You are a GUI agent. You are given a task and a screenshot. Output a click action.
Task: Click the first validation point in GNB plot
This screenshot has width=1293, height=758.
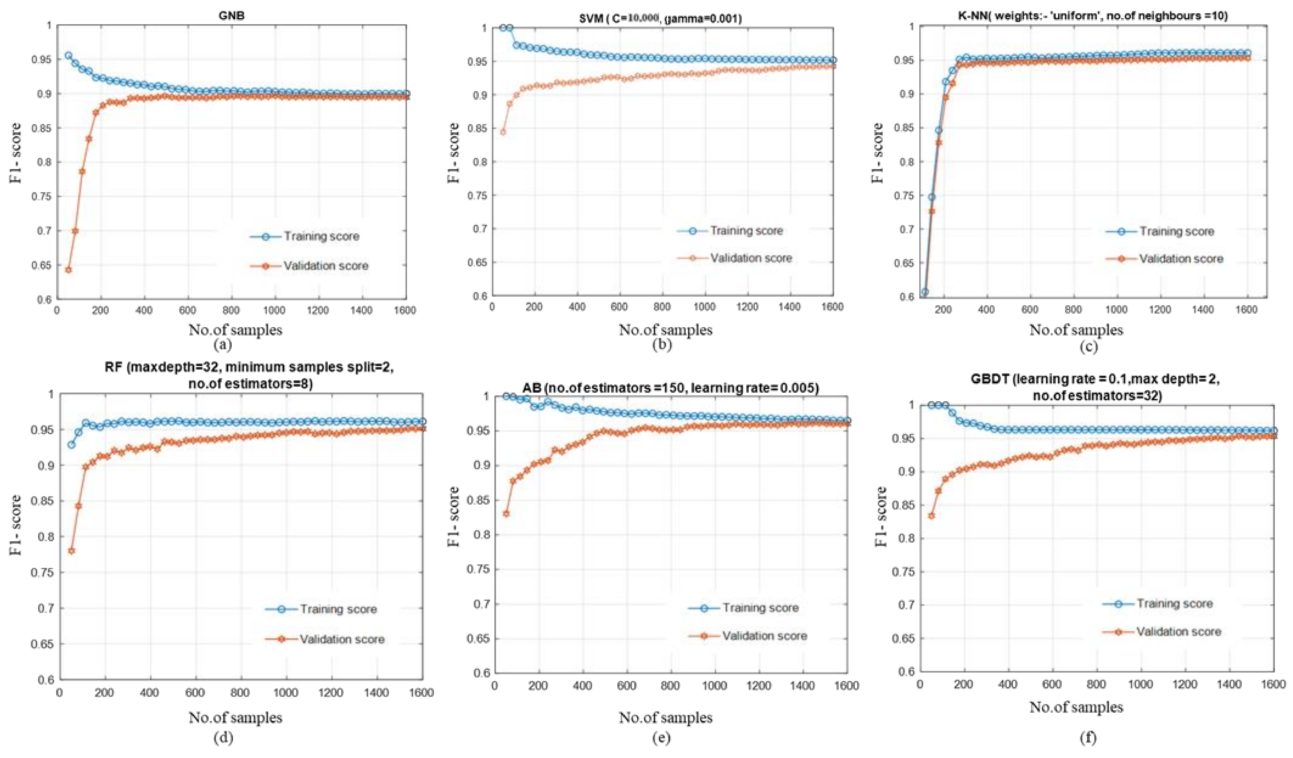(x=68, y=270)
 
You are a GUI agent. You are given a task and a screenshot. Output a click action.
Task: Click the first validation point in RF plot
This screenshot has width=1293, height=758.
(x=71, y=551)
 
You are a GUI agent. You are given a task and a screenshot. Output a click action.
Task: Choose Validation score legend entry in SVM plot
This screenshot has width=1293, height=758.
(x=751, y=258)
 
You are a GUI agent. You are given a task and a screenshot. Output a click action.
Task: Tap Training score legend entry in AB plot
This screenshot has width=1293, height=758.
(x=760, y=608)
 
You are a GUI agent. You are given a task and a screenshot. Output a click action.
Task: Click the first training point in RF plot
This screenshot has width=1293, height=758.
(x=71, y=445)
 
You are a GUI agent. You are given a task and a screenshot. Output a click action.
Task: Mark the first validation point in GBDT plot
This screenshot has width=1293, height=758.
(x=931, y=515)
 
